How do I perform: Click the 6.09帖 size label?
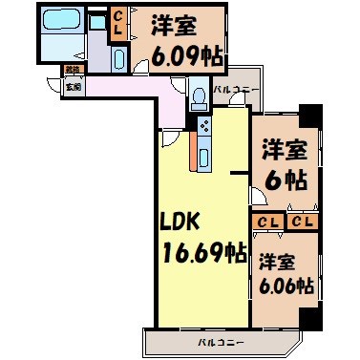tap(187, 56)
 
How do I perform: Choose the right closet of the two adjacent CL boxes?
tap(302, 222)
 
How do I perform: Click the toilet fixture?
tap(198, 95)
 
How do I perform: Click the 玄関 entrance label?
tap(74, 85)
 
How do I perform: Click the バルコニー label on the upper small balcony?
tap(232, 89)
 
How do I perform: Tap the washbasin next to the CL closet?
tap(118, 56)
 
